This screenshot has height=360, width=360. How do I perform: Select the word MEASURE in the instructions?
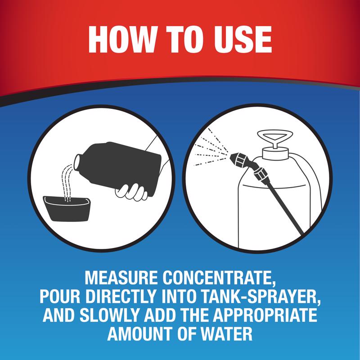click(121, 278)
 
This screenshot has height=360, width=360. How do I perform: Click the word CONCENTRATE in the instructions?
click(219, 278)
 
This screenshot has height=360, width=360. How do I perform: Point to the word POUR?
click(60, 297)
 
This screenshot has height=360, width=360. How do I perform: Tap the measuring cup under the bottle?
click(67, 208)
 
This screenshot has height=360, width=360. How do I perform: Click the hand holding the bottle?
click(131, 192)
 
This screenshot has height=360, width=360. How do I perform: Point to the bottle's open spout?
click(77, 162)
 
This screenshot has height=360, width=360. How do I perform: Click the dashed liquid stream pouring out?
click(67, 183)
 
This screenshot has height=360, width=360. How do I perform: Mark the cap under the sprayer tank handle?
click(275, 153)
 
